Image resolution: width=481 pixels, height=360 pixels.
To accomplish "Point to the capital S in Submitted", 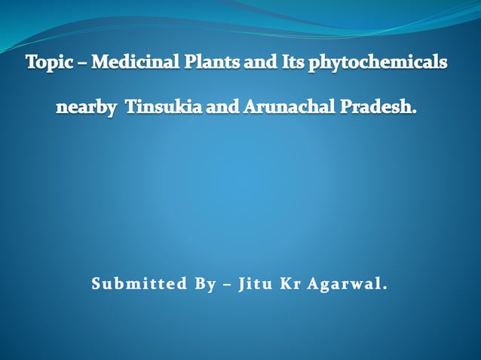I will (96, 285).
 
